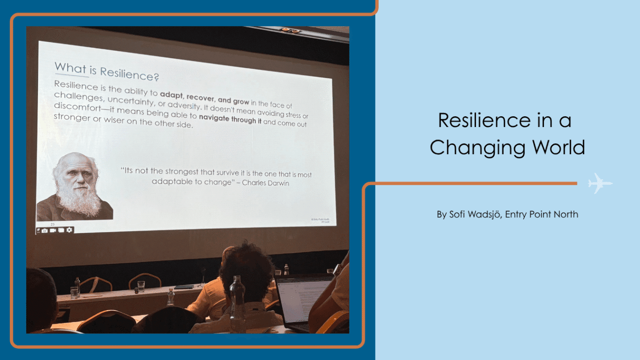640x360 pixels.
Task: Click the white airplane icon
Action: click(600, 183)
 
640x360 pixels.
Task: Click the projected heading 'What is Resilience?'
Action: click(106, 72)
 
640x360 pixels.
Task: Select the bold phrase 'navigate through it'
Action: click(230, 119)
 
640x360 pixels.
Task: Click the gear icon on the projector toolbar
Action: click(69, 230)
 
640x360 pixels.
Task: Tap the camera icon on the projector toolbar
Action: click(45, 230)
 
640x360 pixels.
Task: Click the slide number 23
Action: click(53, 224)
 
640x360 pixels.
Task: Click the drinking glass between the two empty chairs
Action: click(141, 286)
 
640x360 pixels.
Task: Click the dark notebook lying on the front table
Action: click(184, 287)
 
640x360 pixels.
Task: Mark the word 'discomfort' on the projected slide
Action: click(78, 106)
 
